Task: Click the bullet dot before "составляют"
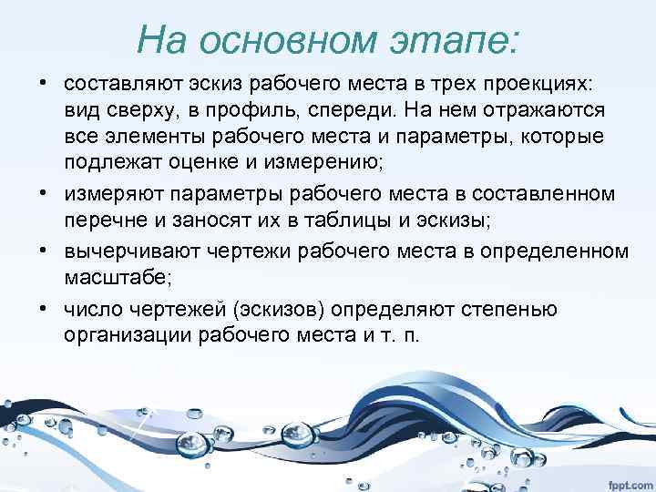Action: coord(43,84)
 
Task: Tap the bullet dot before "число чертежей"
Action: coord(43,310)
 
